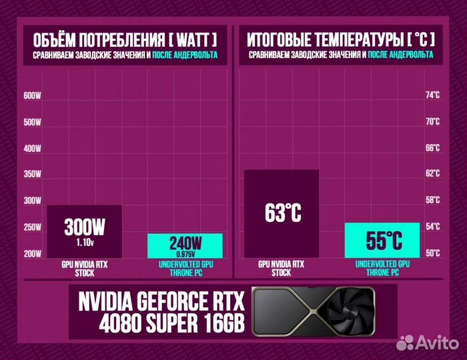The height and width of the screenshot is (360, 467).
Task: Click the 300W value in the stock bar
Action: tap(84, 227)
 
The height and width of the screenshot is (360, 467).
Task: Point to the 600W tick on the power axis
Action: tap(32, 96)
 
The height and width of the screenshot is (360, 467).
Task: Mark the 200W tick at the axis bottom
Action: tap(32, 253)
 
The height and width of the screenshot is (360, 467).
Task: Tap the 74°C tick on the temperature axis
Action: tap(433, 95)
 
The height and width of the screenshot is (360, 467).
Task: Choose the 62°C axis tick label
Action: tap(433, 174)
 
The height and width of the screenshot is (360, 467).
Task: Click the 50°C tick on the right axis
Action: tap(433, 253)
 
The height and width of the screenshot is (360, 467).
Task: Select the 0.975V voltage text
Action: tap(185, 253)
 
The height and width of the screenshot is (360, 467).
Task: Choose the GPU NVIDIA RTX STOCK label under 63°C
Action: tap(282, 268)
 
